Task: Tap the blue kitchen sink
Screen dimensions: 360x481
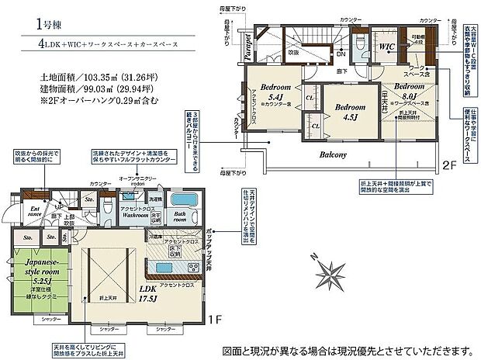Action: [164, 269]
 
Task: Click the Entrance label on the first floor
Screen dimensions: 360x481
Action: [35, 212]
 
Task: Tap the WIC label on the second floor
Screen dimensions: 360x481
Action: [388, 46]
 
